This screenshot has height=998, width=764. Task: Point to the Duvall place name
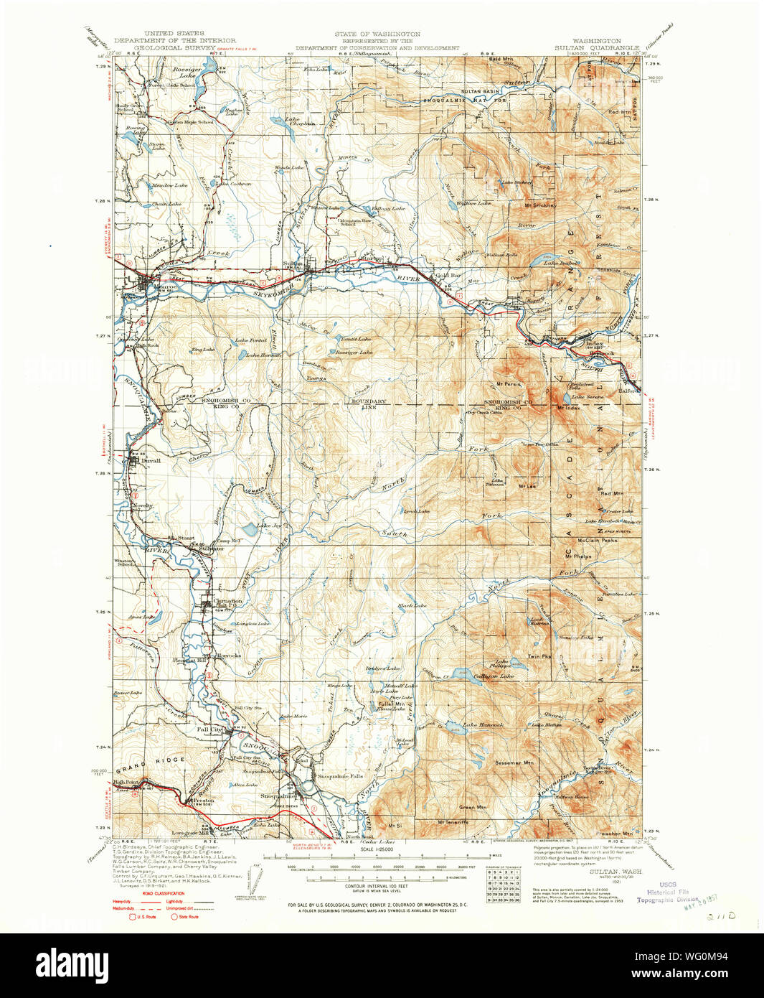[151, 461]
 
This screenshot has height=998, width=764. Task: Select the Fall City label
[209, 729]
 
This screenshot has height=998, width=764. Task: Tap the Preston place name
[203, 798]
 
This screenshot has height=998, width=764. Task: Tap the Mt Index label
[567, 409]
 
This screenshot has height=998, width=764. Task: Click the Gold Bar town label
[448, 276]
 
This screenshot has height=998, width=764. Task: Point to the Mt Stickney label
[540, 205]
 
